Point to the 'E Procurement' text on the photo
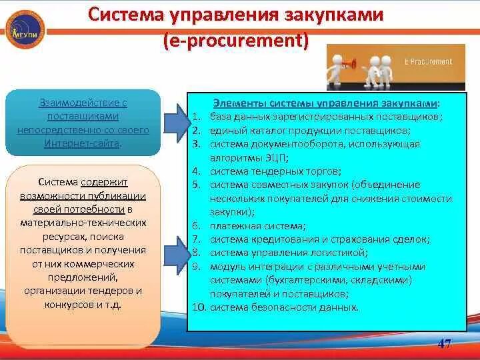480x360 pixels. point(428,61)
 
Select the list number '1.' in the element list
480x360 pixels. point(195,117)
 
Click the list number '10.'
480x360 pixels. point(199,307)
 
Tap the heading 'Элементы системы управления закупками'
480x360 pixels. point(326,104)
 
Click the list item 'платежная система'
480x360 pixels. point(257,226)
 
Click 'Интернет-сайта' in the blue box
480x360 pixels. point(83,143)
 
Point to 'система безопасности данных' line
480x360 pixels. point(284,307)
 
